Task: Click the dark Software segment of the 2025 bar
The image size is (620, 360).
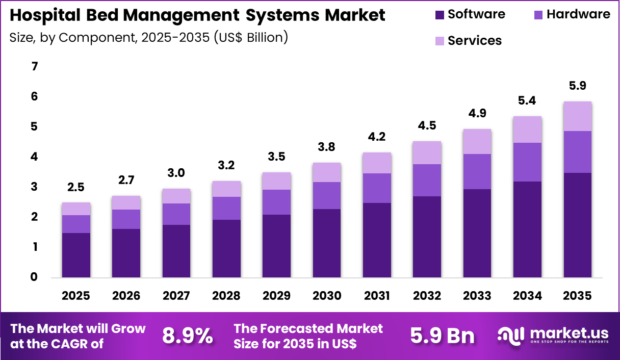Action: pyautogui.click(x=76, y=255)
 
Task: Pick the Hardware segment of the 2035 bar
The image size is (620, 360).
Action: pyautogui.click(x=577, y=152)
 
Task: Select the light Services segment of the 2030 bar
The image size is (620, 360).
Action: pyautogui.click(x=326, y=172)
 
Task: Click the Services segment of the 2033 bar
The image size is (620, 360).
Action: pyautogui.click(x=477, y=141)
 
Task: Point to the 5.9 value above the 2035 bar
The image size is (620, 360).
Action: pyautogui.click(x=577, y=86)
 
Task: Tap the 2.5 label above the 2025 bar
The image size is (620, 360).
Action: pyautogui.click(x=76, y=187)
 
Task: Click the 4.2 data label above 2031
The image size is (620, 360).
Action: pyautogui.click(x=377, y=137)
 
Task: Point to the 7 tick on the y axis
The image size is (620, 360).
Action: pyautogui.click(x=34, y=67)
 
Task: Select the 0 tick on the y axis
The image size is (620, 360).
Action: pyautogui.click(x=34, y=277)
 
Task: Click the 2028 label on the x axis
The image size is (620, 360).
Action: pyautogui.click(x=226, y=296)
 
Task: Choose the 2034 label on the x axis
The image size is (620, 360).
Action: pyautogui.click(x=527, y=296)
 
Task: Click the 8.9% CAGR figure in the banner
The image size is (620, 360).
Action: pyautogui.click(x=188, y=336)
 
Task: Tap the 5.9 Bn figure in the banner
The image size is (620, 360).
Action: pyautogui.click(x=443, y=336)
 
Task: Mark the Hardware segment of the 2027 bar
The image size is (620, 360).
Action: pyautogui.click(x=176, y=214)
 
